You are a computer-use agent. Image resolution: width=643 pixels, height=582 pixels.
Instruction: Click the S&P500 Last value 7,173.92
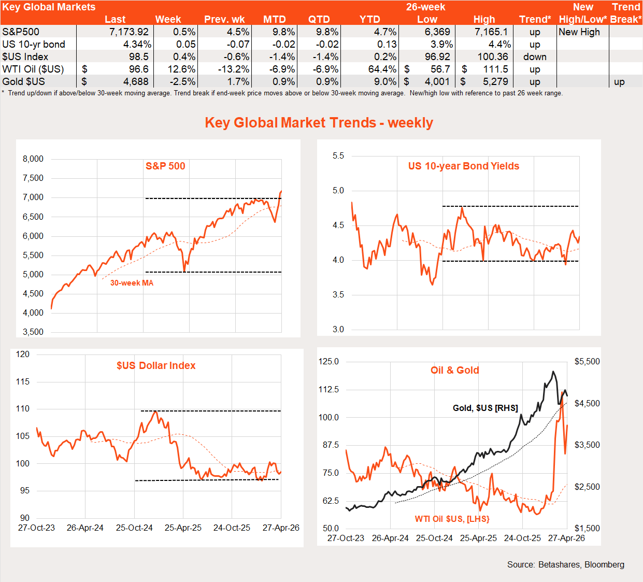(129, 32)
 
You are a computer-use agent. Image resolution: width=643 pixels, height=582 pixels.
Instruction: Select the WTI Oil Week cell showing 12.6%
(181, 69)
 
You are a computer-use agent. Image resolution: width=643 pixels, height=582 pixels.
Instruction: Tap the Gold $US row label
(24, 81)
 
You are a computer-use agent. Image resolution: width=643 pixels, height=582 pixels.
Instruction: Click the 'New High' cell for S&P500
(579, 32)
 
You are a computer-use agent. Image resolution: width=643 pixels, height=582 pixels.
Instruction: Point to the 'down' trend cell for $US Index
(535, 56)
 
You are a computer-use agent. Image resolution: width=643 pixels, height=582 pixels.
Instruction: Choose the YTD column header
(370, 19)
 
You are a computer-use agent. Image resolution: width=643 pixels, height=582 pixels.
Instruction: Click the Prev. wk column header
(224, 19)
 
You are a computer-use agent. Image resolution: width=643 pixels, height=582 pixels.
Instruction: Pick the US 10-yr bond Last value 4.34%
(137, 44)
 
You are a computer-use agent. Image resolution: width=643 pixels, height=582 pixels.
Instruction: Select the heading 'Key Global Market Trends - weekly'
(319, 123)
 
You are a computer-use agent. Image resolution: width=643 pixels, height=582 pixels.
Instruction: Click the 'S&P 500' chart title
(165, 166)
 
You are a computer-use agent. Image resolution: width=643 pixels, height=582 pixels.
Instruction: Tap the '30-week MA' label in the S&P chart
(132, 283)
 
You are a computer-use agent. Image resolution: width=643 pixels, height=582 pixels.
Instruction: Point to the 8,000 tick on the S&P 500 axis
(33, 159)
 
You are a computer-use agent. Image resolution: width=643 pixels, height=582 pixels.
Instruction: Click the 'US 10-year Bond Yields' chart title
(463, 166)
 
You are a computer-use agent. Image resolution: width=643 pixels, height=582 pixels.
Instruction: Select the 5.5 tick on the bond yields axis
(338, 155)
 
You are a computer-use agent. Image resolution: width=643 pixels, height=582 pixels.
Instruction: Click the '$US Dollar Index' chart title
(156, 365)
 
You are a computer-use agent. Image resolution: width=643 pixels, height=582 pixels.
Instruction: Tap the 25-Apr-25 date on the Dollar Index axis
(183, 528)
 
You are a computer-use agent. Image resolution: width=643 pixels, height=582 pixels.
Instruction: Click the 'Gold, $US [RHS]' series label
(485, 408)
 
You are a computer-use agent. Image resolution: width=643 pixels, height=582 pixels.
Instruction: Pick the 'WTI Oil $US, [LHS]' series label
(452, 519)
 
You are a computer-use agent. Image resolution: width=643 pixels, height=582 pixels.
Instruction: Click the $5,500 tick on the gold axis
(587, 361)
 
